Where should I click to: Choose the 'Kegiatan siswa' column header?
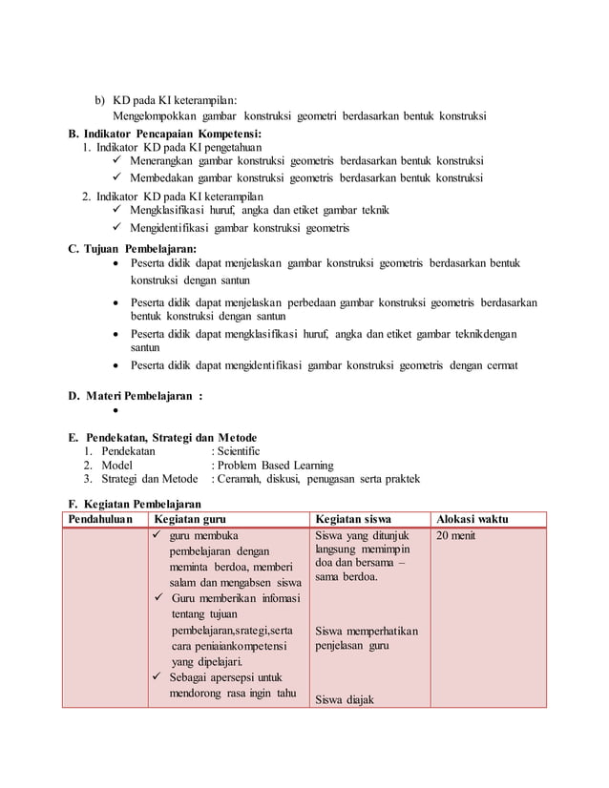[353, 518]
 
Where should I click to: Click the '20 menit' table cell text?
[455, 536]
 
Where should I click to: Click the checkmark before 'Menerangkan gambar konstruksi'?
[115, 160]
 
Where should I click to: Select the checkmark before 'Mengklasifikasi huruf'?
[115, 210]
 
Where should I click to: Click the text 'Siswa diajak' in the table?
[345, 701]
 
